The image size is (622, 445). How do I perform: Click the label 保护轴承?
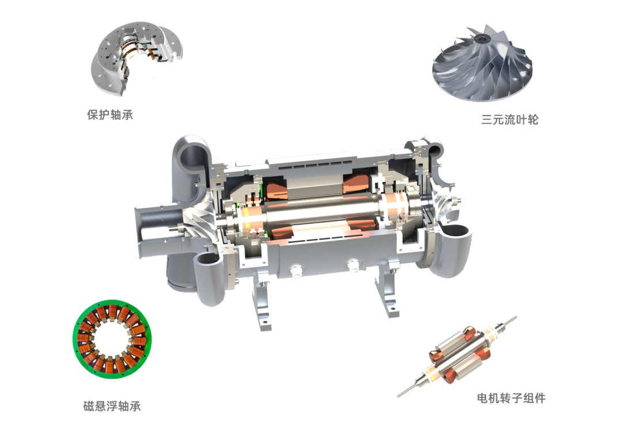click(110, 115)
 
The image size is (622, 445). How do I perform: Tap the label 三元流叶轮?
click(510, 119)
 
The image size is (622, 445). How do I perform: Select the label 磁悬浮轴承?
click(112, 406)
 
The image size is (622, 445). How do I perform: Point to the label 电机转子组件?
click(511, 398)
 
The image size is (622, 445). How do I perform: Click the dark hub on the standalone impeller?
click(482, 39)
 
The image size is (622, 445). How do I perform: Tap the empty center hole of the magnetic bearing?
click(112, 340)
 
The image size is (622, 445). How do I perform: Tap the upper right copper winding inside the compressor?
click(356, 184)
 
